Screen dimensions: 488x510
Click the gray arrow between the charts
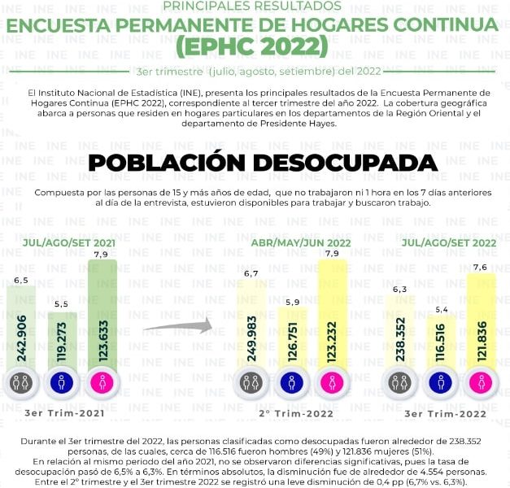tap(176, 328)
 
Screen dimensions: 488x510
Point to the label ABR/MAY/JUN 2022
tap(294, 242)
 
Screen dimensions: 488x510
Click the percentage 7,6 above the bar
tap(480, 267)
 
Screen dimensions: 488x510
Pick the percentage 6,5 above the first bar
tap(21, 280)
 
